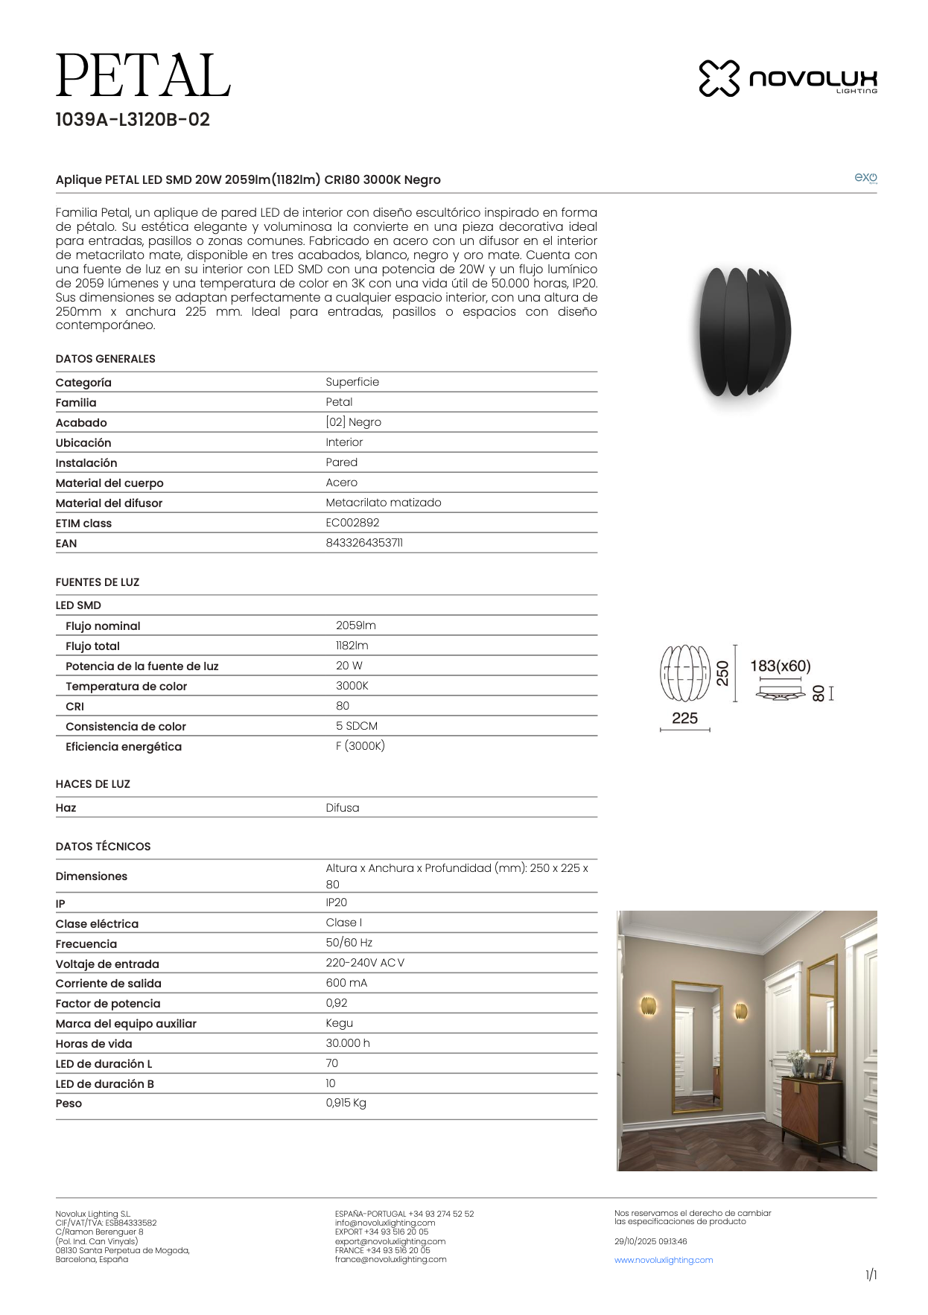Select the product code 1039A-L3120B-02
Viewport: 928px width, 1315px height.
[x=133, y=120]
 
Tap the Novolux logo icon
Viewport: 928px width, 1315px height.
[x=719, y=78]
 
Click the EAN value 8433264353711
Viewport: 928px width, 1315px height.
[x=364, y=543]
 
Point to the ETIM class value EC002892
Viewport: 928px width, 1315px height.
[x=352, y=523]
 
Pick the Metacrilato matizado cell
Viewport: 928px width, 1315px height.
[x=383, y=503]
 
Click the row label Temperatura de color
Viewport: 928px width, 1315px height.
[x=126, y=687]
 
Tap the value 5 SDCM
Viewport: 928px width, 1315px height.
[x=356, y=726]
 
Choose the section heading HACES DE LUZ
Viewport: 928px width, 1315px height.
[x=92, y=784]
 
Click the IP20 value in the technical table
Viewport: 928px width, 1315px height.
[x=336, y=902]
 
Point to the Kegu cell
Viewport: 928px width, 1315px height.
[x=339, y=1023]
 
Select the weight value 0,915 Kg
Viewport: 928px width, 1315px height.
[x=346, y=1103]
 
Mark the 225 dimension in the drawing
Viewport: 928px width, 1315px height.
[x=684, y=719]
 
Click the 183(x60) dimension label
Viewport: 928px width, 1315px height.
[x=780, y=666]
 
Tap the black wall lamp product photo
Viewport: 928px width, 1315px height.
[x=743, y=332]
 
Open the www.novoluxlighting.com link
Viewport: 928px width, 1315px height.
[x=663, y=1260]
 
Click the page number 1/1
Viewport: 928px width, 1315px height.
[x=871, y=1276]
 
